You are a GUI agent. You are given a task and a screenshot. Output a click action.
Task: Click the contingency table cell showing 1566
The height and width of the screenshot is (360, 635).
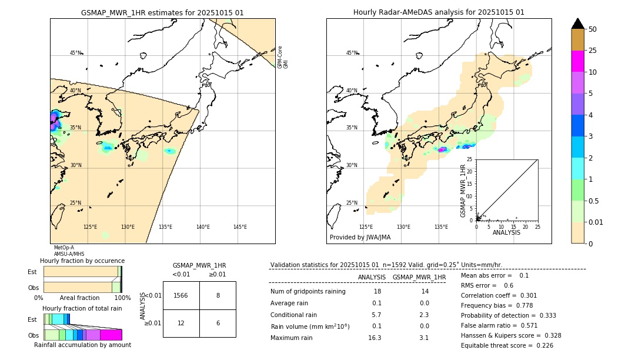tap(181, 295)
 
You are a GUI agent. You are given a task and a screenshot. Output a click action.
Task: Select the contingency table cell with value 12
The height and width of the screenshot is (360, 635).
tap(181, 324)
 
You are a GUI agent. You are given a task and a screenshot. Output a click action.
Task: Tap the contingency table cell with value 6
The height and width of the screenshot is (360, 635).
tap(218, 324)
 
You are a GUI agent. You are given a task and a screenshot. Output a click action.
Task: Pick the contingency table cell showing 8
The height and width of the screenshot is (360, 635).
tap(218, 295)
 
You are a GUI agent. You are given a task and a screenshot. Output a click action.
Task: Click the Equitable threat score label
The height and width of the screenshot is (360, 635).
tap(497, 345)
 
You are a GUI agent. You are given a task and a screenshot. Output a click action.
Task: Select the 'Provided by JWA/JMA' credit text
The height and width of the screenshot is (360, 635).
tap(360, 237)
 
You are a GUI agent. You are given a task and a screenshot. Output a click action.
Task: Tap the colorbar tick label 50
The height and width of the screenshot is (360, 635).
tap(593, 29)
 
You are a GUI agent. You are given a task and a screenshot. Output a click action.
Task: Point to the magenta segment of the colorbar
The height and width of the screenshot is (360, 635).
tap(578, 61)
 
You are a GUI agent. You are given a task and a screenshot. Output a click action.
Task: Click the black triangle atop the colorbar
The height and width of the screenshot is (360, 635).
tap(578, 24)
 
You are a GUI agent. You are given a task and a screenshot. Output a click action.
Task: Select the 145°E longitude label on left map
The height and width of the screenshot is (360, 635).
tap(240, 227)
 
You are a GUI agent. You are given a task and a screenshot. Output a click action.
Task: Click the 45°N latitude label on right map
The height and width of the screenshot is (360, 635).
tap(352, 53)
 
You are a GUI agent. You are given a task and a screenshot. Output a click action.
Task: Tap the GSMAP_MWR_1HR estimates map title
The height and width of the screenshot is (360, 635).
tap(162, 12)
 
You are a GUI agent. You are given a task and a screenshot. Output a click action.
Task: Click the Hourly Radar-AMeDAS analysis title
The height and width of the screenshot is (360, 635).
tap(439, 12)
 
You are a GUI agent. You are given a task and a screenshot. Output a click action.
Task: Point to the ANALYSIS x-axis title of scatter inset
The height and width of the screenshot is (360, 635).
tap(506, 232)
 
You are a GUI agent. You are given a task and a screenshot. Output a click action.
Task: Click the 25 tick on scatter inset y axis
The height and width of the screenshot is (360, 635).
tap(470, 159)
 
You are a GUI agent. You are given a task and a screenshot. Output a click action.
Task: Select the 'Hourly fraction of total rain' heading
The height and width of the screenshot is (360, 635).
tap(82, 308)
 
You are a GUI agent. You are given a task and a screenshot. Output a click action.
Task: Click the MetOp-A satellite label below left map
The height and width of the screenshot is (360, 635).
tap(63, 248)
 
